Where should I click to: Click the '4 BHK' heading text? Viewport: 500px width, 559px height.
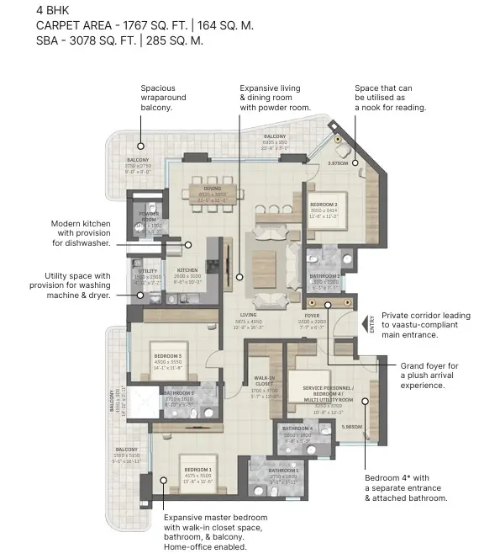51,10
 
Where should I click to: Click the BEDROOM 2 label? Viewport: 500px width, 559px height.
323,205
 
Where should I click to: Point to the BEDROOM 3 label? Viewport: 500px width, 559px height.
168,356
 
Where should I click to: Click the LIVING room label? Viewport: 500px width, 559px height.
246,315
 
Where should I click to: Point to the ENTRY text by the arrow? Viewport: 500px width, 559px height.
370,324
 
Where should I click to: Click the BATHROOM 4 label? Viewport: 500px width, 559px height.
298,429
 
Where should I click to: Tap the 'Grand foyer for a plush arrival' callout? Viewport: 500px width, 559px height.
429,375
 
